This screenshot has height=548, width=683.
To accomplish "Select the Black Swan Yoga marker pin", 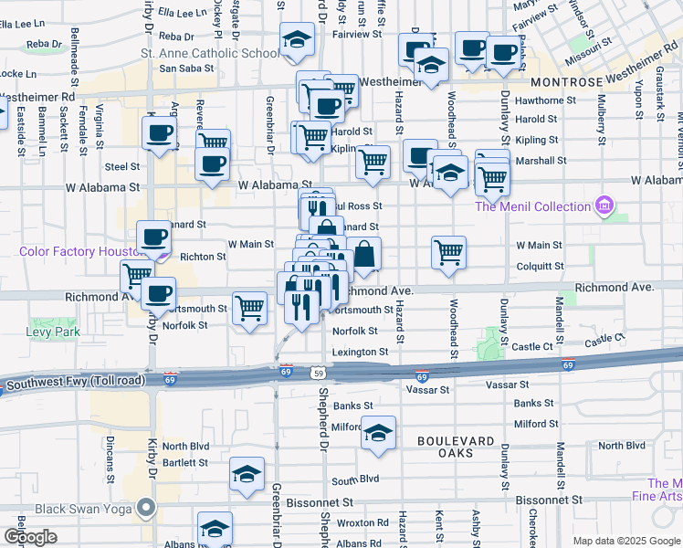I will [x=144, y=508].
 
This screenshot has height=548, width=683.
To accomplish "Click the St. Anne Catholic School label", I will [x=209, y=53].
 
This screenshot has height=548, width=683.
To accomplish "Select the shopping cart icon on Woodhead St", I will [x=448, y=252].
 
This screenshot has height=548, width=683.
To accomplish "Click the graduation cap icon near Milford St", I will [x=378, y=433].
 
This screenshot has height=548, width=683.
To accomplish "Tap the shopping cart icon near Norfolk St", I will [x=249, y=308].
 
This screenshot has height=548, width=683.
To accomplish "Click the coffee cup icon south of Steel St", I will [x=212, y=164].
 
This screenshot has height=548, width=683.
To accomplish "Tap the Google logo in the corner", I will [x=29, y=537].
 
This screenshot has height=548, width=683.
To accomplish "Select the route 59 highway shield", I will [x=317, y=373].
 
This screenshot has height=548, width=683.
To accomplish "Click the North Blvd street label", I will [x=185, y=447].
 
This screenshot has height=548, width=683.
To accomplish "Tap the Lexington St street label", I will [x=359, y=352].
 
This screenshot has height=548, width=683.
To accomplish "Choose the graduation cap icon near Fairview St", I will [x=297, y=39].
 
